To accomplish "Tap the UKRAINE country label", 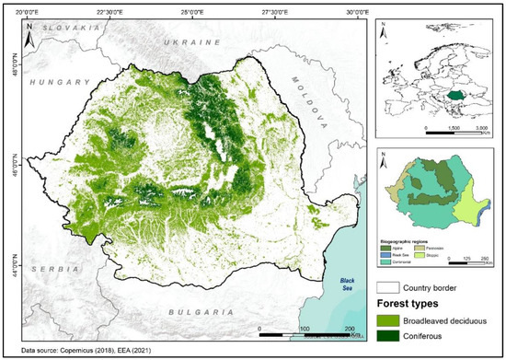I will [191, 43].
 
